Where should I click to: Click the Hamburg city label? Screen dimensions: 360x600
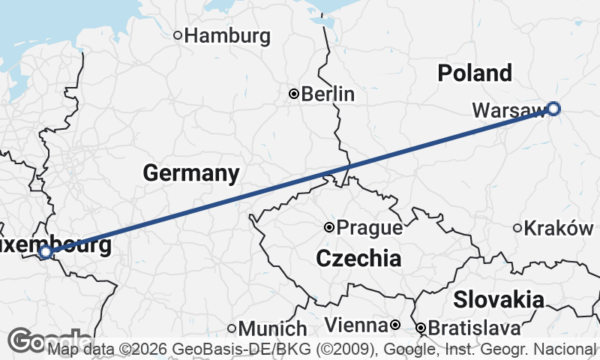click(x=227, y=35)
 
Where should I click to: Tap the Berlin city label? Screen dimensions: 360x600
click(x=328, y=94)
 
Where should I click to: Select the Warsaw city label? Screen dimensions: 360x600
click(x=508, y=111)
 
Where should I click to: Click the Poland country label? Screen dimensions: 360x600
click(x=475, y=73)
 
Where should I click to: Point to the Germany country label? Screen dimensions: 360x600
click(x=191, y=174)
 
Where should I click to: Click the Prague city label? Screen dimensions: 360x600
click(x=370, y=227)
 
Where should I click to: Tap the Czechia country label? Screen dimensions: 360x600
click(x=358, y=259)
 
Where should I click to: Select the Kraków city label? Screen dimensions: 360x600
click(x=559, y=228)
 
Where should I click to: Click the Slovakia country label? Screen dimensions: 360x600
click(x=499, y=300)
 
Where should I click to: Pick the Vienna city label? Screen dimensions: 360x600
click(x=356, y=326)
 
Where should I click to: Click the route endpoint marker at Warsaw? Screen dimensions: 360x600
click(x=553, y=109)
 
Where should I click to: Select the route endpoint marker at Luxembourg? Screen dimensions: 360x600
click(x=45, y=252)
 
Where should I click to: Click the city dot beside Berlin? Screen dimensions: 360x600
click(x=294, y=94)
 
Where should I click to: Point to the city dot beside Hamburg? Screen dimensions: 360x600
click(x=178, y=34)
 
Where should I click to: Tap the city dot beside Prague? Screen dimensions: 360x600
click(x=328, y=227)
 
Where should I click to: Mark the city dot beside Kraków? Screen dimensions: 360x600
click(x=517, y=228)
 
